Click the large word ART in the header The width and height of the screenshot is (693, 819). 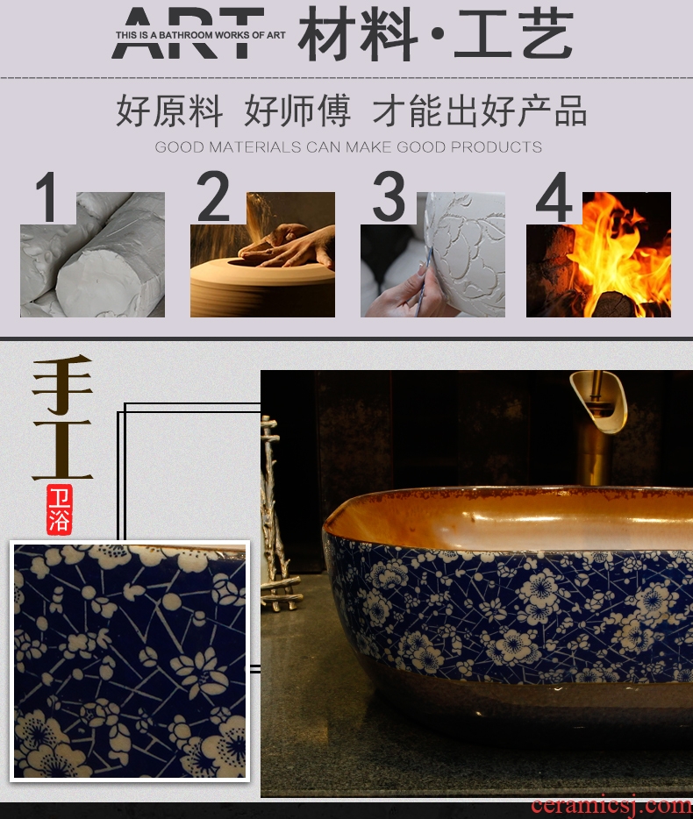coord(188,32)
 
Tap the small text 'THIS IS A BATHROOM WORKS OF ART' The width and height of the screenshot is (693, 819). coord(200,35)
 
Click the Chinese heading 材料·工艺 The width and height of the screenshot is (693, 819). coord(435,33)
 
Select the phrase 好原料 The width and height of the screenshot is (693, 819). coord(169,110)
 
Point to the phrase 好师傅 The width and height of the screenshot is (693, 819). coord(297,110)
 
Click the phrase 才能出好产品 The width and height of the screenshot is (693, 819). coord(479,110)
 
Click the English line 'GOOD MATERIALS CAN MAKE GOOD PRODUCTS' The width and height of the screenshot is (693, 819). coord(348,146)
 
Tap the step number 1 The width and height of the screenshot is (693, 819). coord(47,197)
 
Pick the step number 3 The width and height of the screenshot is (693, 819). coord(389,196)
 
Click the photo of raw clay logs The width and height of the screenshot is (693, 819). coord(92,254)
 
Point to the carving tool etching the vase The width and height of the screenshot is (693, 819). coord(424,281)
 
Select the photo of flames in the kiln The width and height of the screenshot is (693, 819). coord(598,254)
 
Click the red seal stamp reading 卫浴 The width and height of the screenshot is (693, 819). coord(59,509)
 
